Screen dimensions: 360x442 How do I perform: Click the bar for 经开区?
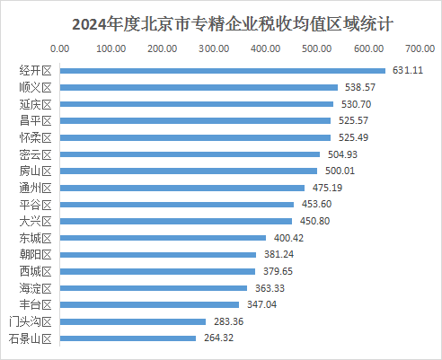(x=223, y=71)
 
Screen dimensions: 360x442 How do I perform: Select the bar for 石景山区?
(x=128, y=338)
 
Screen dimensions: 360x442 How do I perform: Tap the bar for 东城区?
(x=163, y=238)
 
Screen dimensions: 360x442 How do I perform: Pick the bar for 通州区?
(x=182, y=188)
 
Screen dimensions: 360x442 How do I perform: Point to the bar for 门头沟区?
(x=133, y=321)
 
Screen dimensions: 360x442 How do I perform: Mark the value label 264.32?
(x=218, y=338)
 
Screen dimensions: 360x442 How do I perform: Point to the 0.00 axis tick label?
(x=60, y=48)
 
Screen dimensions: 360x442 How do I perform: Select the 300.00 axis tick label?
(x=214, y=48)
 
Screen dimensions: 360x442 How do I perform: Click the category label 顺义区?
(x=36, y=87)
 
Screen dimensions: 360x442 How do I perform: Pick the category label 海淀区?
(x=36, y=288)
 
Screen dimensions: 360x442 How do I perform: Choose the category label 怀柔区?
(x=36, y=137)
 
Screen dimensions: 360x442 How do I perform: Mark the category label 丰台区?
(x=36, y=304)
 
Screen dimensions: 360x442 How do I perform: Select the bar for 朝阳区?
(x=158, y=255)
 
